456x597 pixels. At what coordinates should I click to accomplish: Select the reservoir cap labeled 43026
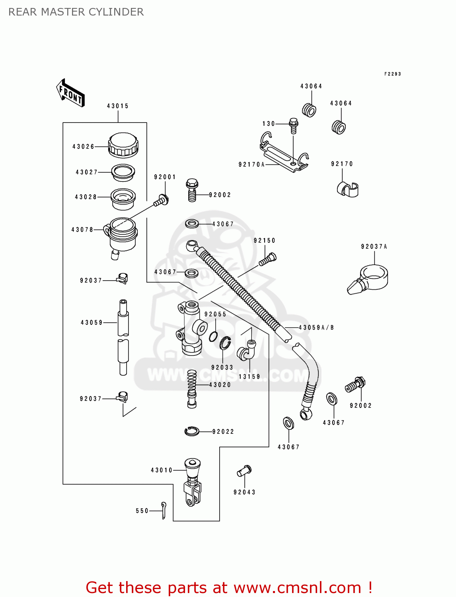click(x=123, y=145)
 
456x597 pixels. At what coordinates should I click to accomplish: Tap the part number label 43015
click(x=118, y=106)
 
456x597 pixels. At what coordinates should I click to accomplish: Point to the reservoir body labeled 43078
click(x=122, y=235)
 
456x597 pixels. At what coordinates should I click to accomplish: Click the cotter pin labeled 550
click(x=164, y=510)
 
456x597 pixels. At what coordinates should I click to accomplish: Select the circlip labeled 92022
click(x=192, y=431)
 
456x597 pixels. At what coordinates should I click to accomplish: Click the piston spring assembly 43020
click(x=192, y=388)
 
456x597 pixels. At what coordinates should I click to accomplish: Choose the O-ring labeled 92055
click(x=213, y=337)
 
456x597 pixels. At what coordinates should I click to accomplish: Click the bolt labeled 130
click(x=293, y=125)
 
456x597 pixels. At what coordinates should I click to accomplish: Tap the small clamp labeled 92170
click(x=348, y=189)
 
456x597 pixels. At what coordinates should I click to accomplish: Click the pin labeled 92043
click(x=244, y=470)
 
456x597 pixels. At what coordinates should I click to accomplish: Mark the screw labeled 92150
click(x=268, y=259)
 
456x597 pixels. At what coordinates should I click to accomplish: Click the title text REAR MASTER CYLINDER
click(x=76, y=12)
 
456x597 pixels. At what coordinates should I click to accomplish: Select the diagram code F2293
click(x=392, y=74)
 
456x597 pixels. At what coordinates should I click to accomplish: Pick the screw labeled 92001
click(x=161, y=200)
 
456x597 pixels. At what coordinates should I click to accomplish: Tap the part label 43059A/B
click(x=316, y=328)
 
